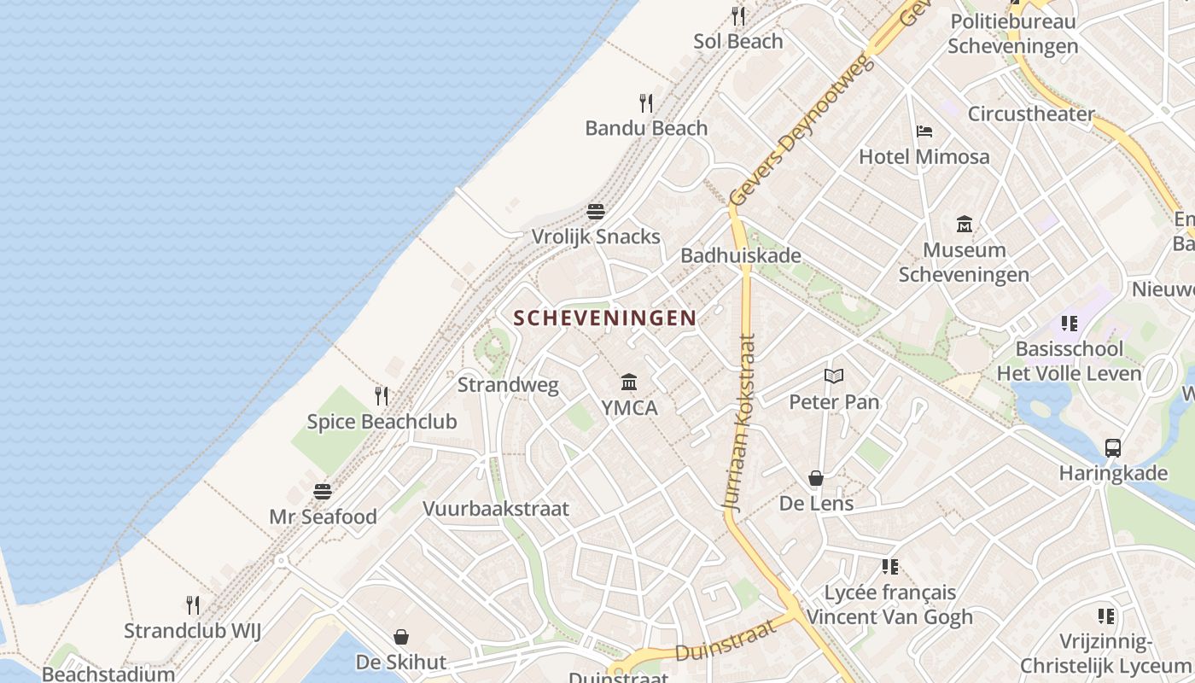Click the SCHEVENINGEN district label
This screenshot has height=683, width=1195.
604,318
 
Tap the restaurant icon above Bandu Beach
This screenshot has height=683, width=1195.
646,103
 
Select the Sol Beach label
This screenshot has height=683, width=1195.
737,41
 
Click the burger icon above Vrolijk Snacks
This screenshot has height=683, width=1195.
596,211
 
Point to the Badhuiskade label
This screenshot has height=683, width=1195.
740,255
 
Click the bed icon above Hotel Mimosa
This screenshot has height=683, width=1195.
924,131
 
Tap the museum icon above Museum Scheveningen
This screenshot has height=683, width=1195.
965,224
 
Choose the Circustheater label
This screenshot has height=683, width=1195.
1030,114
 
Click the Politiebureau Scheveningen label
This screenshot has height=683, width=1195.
1012,33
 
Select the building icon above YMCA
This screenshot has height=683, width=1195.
629,382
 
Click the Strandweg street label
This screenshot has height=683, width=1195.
508,384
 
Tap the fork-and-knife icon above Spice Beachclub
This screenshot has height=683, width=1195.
382,395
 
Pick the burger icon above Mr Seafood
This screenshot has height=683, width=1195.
322,491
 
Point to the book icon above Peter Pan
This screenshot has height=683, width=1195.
833,376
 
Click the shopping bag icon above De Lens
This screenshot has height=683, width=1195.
816,478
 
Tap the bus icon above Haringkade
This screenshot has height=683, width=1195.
1112,447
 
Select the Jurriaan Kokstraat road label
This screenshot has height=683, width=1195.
741,423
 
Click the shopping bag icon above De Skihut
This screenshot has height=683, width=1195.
400,637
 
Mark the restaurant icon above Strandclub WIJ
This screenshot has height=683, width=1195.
192,605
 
